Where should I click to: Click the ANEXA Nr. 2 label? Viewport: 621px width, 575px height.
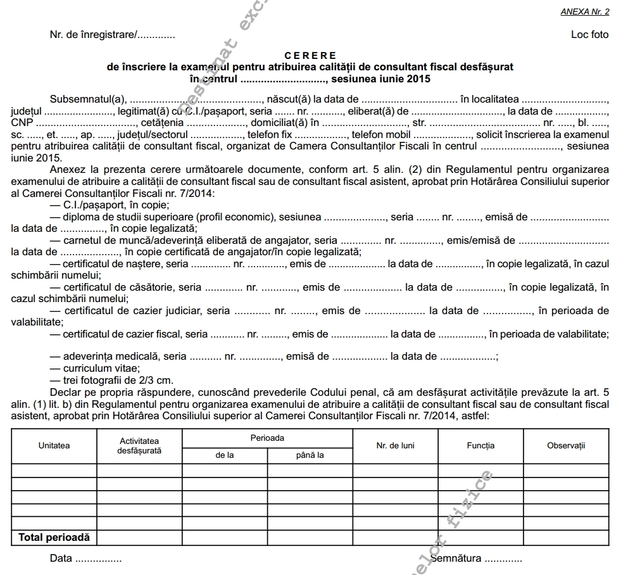point(584,11)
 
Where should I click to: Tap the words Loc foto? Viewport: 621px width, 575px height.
point(589,35)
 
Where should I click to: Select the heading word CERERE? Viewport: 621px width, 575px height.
point(310,56)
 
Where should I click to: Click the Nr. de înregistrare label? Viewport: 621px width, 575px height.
point(92,35)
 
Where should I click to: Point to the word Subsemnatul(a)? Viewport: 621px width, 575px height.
point(89,99)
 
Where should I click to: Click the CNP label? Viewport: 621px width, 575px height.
point(22,123)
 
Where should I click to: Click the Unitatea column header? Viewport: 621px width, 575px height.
point(54,446)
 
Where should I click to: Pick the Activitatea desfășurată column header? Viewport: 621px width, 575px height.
point(139,445)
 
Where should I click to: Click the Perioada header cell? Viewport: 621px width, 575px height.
point(267,438)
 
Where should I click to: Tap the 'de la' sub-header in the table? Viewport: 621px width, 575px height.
point(225,455)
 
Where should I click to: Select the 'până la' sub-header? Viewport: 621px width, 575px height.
point(310,455)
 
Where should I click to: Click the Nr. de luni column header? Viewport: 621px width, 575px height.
point(395,446)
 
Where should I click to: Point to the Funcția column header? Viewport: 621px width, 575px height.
point(480,446)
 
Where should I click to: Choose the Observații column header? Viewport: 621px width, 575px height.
point(566,446)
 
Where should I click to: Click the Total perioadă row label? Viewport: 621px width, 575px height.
point(54,538)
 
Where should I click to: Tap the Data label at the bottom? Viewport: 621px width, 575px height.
point(61,559)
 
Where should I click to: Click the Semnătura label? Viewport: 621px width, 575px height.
point(456,559)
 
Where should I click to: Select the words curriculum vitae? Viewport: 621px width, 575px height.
point(101,369)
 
